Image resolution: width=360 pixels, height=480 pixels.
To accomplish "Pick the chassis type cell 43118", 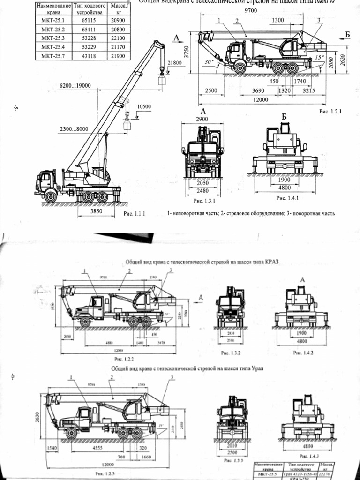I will pyautogui.click(x=89, y=56).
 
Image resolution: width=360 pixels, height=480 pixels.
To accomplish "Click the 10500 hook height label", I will pyautogui.click(x=144, y=106).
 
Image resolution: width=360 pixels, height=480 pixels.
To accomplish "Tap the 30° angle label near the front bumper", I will pyautogui.click(x=209, y=61).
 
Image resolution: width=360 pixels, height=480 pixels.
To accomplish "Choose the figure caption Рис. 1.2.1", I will pyautogui.click(x=330, y=112).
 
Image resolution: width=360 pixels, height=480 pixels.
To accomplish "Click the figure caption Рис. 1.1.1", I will pyautogui.click(x=135, y=214).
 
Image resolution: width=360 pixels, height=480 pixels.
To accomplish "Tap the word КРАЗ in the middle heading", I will pyautogui.click(x=269, y=262).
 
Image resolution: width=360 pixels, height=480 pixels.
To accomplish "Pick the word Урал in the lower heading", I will pyautogui.click(x=255, y=368).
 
